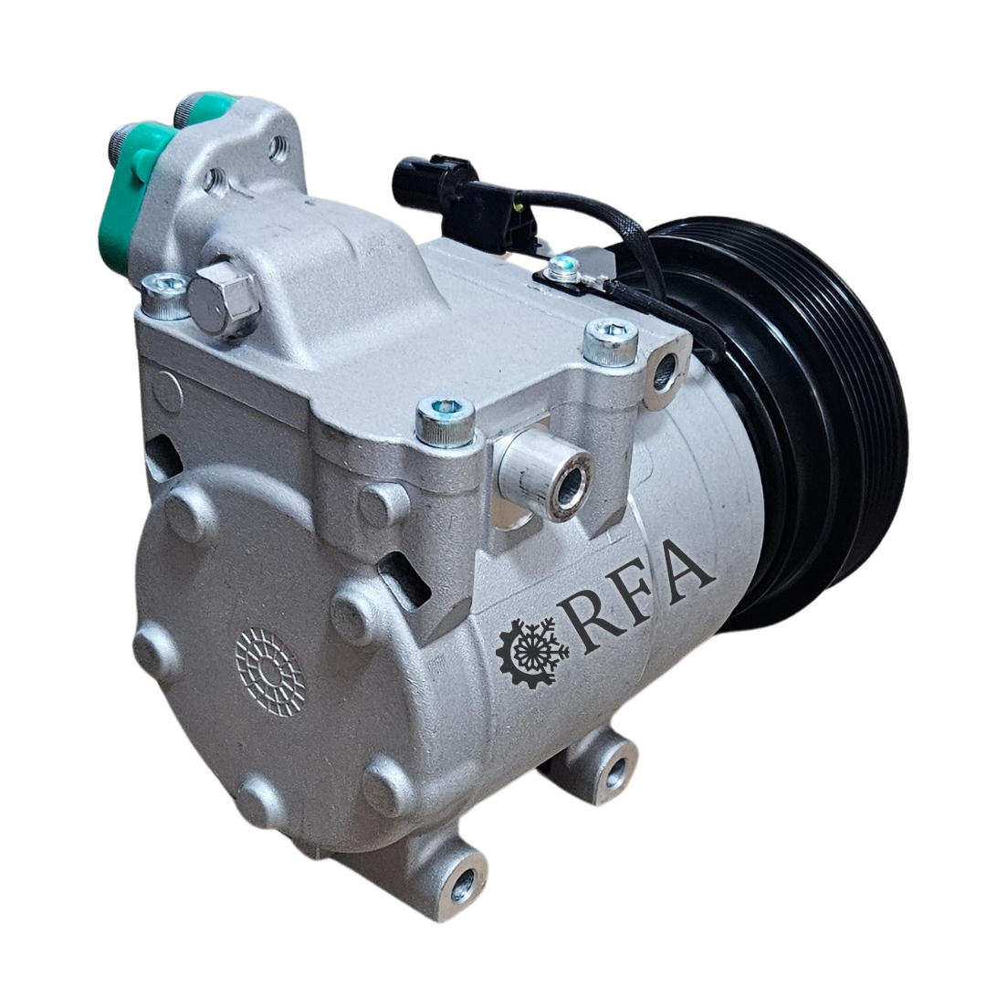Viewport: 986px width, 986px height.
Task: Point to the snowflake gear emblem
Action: [533, 654]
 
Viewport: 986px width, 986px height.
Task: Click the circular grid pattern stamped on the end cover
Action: [270, 672]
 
